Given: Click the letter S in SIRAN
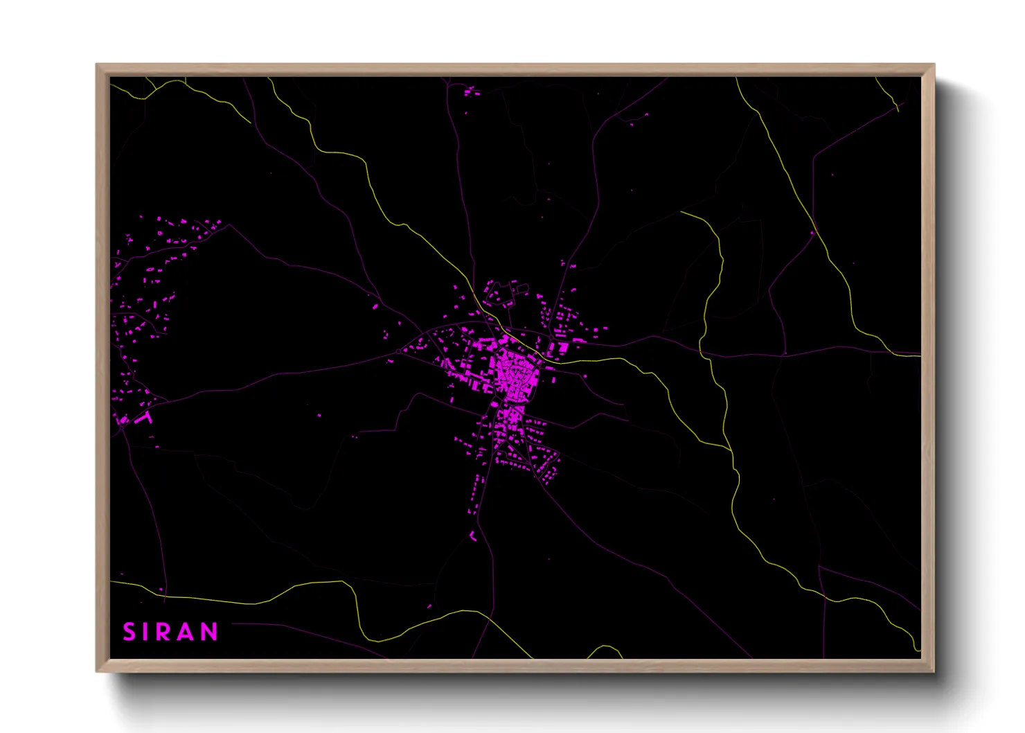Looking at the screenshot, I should pyautogui.click(x=130, y=632).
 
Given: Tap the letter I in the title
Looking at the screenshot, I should pyautogui.click(x=147, y=632).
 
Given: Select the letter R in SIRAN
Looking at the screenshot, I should pyautogui.click(x=165, y=632).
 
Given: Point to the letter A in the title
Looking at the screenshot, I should pyautogui.click(x=187, y=632).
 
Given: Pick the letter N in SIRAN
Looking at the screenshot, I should pyautogui.click(x=209, y=632).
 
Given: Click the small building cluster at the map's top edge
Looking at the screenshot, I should pyautogui.click(x=471, y=91).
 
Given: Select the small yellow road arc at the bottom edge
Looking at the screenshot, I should pyautogui.click(x=604, y=650).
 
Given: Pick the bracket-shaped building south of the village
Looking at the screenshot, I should pyautogui.click(x=473, y=536).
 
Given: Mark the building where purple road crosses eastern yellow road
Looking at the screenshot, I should pyautogui.click(x=812, y=233).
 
